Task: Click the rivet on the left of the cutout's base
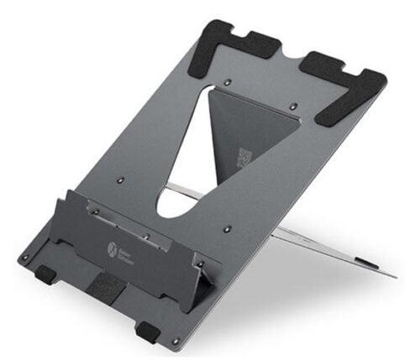(x=120, y=181)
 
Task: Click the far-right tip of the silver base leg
(x=394, y=274)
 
